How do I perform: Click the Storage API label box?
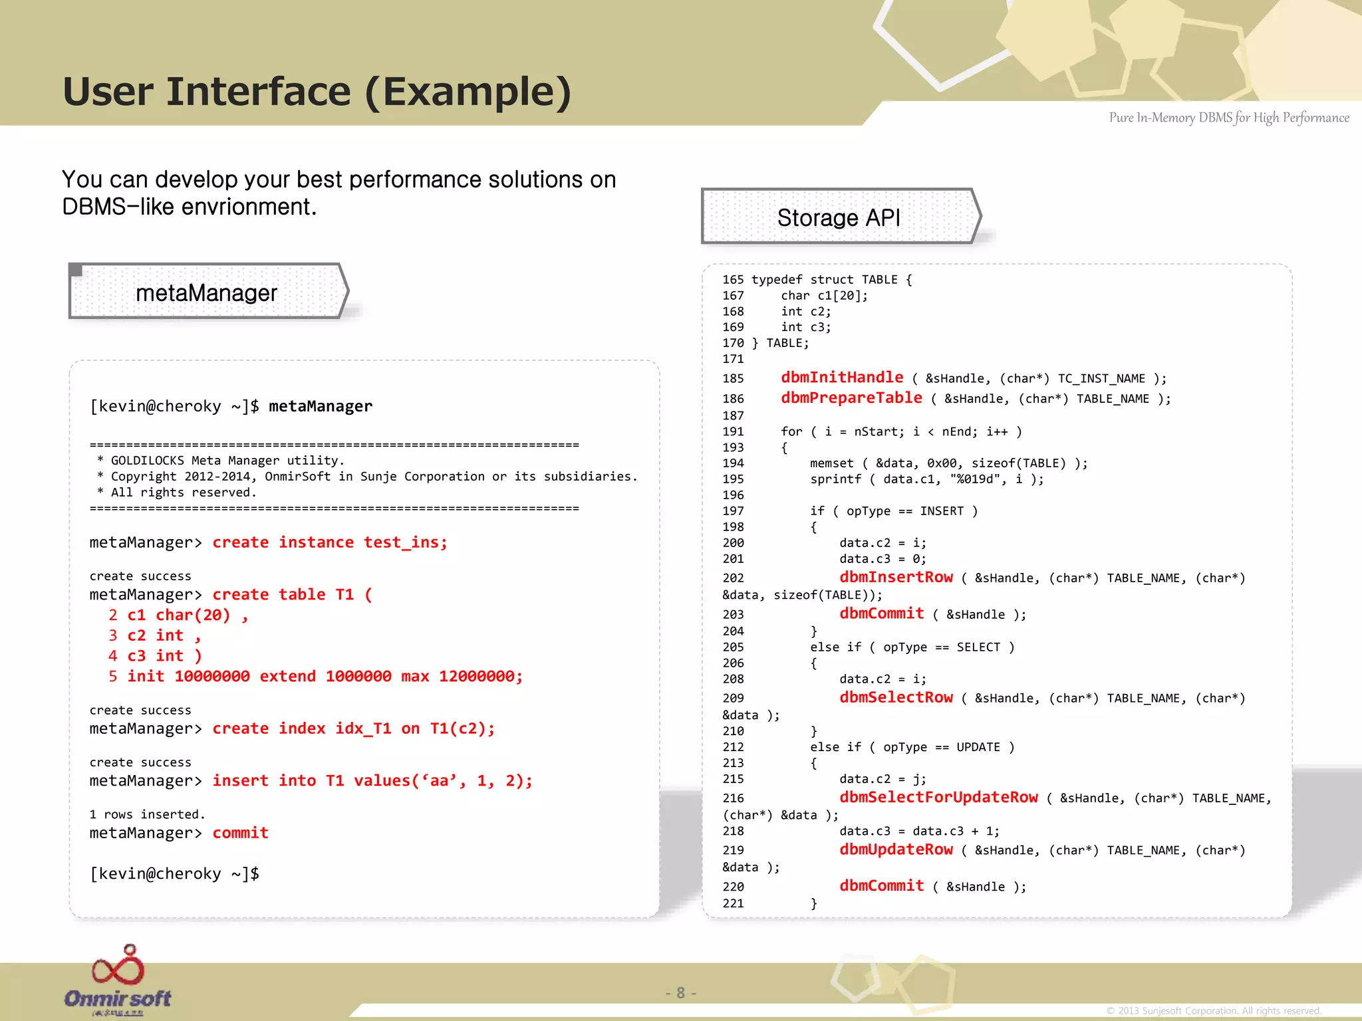click(839, 217)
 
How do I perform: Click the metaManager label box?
click(207, 292)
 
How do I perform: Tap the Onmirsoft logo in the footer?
click(118, 981)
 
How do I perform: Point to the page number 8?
click(680, 992)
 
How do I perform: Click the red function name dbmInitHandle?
click(842, 378)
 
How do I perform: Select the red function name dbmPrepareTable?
click(851, 398)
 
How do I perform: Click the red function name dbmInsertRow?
click(896, 577)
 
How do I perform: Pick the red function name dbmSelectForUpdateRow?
click(938, 797)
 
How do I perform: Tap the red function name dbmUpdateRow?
click(896, 850)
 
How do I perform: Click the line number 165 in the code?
click(733, 280)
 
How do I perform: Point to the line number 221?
click(733, 903)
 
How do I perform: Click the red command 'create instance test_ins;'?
click(330, 542)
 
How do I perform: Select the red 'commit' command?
click(240, 833)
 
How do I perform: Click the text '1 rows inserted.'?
click(147, 814)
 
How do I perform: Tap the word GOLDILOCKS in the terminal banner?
click(147, 461)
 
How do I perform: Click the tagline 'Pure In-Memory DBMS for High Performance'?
click(1228, 118)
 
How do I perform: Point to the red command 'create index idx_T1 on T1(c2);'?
click(354, 729)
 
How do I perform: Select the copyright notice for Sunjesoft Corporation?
click(1213, 1010)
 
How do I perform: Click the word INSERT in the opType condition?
click(942, 511)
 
